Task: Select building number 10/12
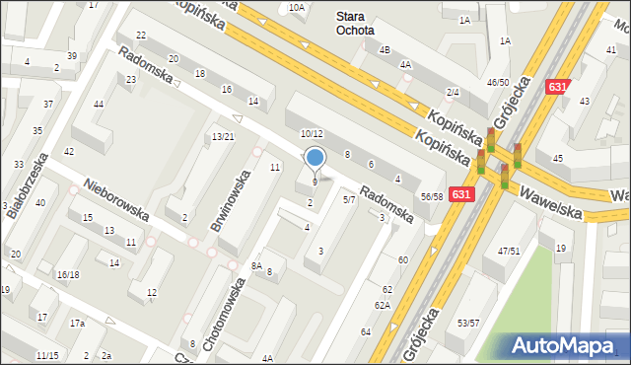312,133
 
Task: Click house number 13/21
223,136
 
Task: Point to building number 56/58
431,197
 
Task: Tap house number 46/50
498,83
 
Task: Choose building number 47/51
508,252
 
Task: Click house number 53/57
468,323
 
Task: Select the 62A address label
382,305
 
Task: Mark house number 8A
256,265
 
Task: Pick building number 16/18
67,274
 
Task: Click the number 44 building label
99,104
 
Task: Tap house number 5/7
349,199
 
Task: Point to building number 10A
297,7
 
